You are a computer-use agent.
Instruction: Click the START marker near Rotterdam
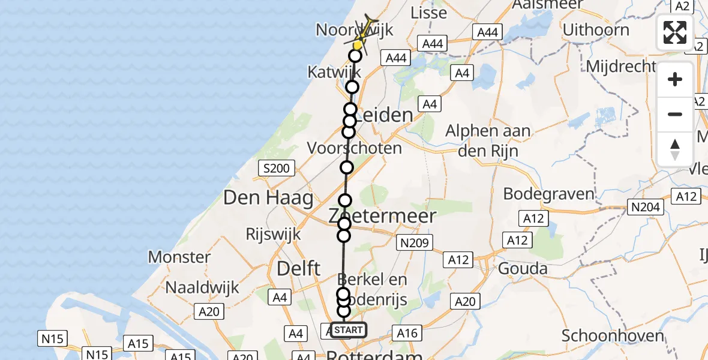pyautogui.click(x=348, y=330)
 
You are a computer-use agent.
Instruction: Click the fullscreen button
pyautogui.click(x=675, y=32)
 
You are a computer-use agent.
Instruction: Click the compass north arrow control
pyautogui.click(x=675, y=149)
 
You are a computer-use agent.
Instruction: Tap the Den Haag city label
pyautogui.click(x=268, y=197)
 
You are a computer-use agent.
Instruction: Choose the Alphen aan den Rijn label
pyautogui.click(x=487, y=140)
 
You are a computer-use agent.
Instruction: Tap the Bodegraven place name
pyautogui.click(x=548, y=194)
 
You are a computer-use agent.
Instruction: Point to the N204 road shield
pyautogui.click(x=646, y=208)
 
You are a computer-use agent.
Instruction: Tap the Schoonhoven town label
pyautogui.click(x=612, y=336)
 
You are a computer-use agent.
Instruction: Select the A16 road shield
pyautogui.click(x=407, y=333)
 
